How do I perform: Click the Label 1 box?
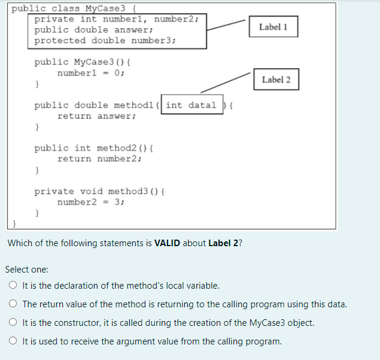pyautogui.click(x=273, y=27)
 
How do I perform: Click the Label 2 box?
pyautogui.click(x=276, y=80)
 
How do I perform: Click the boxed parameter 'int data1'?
pyautogui.click(x=191, y=105)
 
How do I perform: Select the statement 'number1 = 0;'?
pyautogui.click(x=91, y=72)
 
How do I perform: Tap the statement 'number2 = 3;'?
pyautogui.click(x=91, y=202)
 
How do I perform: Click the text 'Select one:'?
pyautogui.click(x=27, y=270)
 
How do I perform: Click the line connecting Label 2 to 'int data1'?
pyautogui.click(x=224, y=83)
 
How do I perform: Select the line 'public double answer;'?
pyautogui.click(x=94, y=29)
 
